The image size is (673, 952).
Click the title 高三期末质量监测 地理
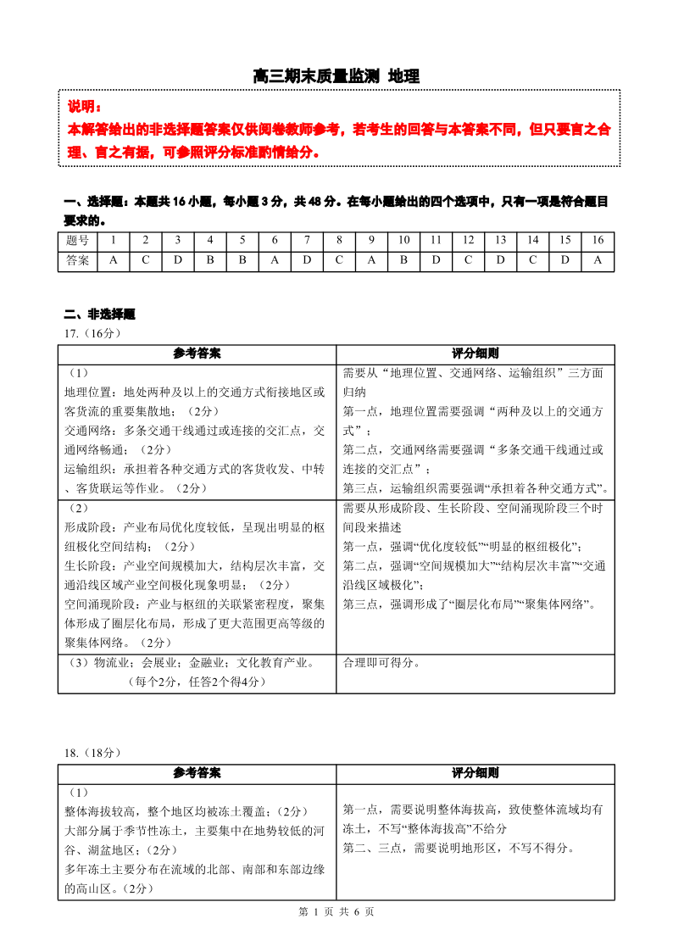coord(336,76)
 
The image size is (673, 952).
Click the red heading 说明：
coord(84,108)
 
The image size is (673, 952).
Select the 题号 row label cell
coord(77,241)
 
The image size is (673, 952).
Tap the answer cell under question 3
coord(178,261)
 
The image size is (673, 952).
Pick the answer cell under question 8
coord(339,261)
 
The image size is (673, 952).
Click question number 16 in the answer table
coord(598,241)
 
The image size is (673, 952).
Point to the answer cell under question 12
coord(468,261)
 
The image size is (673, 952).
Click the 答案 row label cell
coord(77,261)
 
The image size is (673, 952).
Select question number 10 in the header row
coord(403,241)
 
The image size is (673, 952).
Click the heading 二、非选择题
coord(99,315)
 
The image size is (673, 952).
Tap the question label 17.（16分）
coord(93,333)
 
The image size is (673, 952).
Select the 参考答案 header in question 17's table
coord(197,354)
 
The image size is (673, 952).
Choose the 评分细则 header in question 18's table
coord(475,773)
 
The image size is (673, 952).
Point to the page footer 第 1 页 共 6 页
coord(336,911)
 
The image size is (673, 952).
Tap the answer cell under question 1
coord(114,261)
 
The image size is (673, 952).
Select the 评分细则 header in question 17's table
coord(475,354)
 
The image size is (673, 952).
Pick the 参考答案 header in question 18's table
coord(197,773)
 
